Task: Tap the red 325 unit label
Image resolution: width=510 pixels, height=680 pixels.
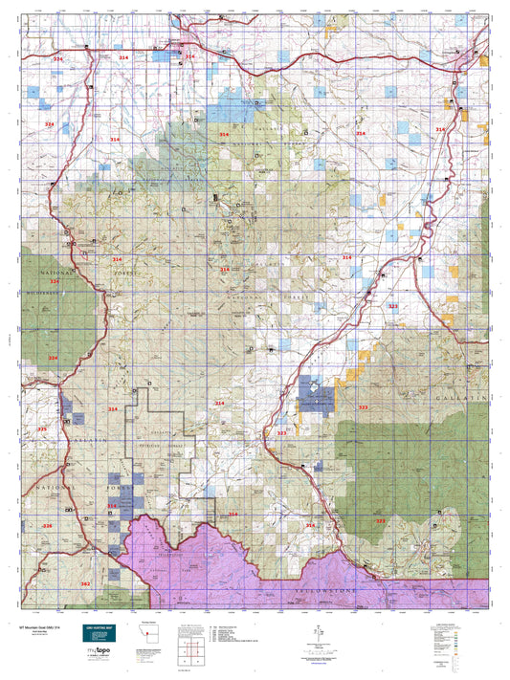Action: [41, 429]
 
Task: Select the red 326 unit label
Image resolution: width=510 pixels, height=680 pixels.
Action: [47, 526]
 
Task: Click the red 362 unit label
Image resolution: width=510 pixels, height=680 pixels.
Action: [84, 583]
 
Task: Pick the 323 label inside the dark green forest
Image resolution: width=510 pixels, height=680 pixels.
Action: [380, 521]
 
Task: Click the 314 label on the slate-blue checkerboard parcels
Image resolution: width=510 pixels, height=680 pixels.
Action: [112, 505]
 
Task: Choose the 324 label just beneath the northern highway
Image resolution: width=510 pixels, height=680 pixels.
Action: [57, 59]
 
